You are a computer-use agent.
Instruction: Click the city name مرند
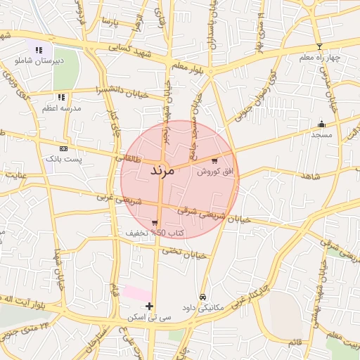[162, 172]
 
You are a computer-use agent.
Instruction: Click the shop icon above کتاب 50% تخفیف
[155, 222]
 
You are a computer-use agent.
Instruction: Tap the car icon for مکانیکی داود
[203, 297]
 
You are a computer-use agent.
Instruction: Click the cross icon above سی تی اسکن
[149, 306]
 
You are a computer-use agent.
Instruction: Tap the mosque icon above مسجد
[322, 123]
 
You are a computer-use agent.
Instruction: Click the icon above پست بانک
[64, 149]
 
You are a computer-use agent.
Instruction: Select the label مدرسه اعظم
[61, 108]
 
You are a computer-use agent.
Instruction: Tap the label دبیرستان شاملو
[39, 61]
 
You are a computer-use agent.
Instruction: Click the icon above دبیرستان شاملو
[39, 50]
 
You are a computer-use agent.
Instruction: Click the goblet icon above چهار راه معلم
[319, 46]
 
